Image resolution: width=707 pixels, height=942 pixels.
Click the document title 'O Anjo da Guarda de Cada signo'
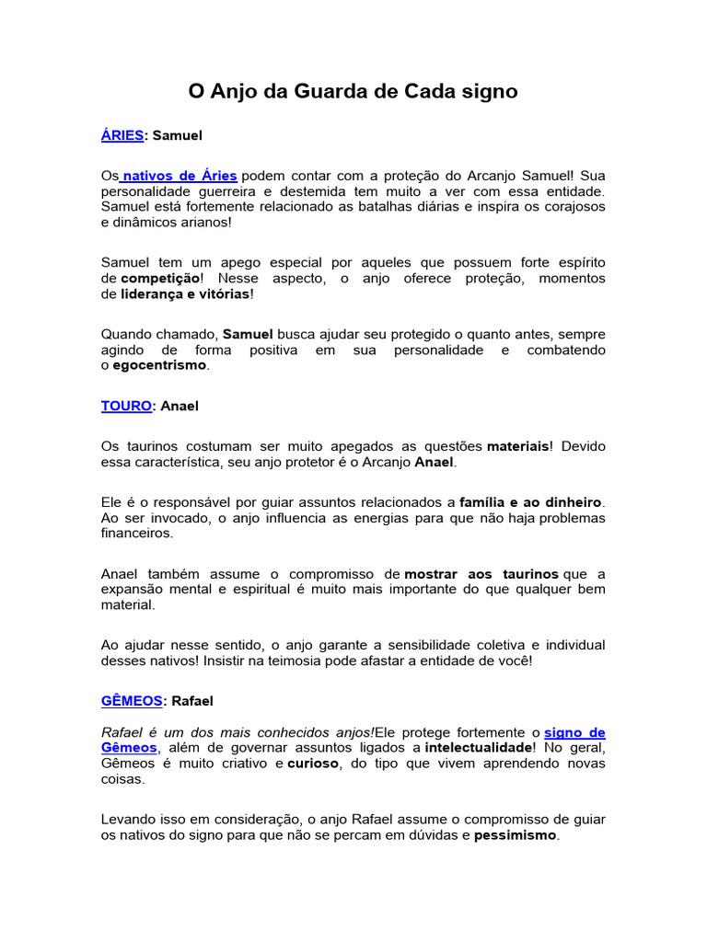(x=353, y=92)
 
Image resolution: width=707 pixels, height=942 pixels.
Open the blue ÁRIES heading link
(x=122, y=135)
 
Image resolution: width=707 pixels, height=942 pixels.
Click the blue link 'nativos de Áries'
(x=180, y=175)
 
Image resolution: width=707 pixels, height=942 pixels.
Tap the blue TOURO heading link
(x=126, y=406)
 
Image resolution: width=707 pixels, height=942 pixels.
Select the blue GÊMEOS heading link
(x=132, y=701)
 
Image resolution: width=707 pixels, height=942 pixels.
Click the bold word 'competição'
(x=159, y=278)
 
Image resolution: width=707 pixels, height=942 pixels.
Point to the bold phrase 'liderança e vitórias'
(x=185, y=294)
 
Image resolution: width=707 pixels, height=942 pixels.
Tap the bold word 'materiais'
(x=519, y=445)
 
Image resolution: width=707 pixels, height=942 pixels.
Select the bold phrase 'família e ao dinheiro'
(x=531, y=501)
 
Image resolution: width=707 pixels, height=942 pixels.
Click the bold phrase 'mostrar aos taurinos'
(x=481, y=574)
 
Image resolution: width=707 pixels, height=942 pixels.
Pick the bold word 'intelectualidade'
(x=479, y=748)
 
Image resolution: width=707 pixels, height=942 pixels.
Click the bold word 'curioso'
(x=313, y=764)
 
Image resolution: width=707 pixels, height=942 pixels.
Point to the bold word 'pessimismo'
(x=516, y=836)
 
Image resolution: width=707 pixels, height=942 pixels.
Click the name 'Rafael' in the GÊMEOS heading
(x=192, y=701)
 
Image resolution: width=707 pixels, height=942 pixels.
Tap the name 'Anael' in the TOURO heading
(x=180, y=406)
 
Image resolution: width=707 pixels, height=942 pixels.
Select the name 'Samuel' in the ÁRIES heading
(x=177, y=135)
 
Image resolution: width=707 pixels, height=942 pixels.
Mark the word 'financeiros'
(x=136, y=533)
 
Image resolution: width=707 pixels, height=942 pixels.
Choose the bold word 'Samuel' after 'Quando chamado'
(x=249, y=334)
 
